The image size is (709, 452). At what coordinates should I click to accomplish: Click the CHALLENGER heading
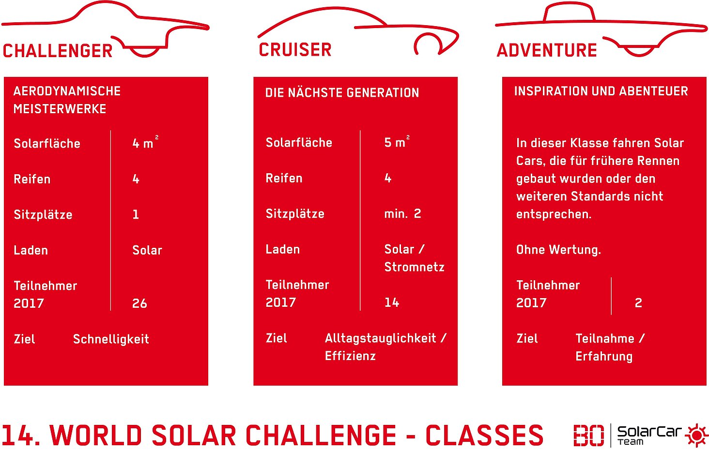click(x=58, y=51)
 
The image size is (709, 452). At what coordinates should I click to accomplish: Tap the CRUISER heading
click(x=295, y=50)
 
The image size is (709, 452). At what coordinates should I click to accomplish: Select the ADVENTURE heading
click(x=547, y=50)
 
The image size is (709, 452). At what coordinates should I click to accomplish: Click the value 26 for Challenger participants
click(x=139, y=303)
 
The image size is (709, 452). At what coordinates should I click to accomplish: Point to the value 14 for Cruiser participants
click(x=392, y=302)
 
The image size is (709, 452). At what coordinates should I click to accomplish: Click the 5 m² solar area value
click(x=397, y=141)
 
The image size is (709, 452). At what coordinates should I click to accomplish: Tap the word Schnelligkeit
click(x=111, y=339)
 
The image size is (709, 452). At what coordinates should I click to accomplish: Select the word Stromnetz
click(x=415, y=267)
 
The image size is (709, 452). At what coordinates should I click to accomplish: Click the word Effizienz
click(x=351, y=356)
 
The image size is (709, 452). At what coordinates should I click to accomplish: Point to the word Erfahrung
click(x=604, y=357)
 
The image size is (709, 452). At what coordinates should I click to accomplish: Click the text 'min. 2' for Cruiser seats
click(x=402, y=214)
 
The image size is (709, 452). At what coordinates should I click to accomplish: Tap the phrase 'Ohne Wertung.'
click(x=559, y=250)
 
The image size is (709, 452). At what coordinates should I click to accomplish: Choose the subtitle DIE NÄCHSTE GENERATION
click(x=342, y=92)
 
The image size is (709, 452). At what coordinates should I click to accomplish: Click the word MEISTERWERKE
click(x=60, y=109)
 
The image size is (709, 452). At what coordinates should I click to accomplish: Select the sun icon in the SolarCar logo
click(x=696, y=435)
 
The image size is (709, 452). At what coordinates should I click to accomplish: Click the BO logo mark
click(x=589, y=435)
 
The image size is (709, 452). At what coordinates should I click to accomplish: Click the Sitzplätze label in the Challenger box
click(x=43, y=215)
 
